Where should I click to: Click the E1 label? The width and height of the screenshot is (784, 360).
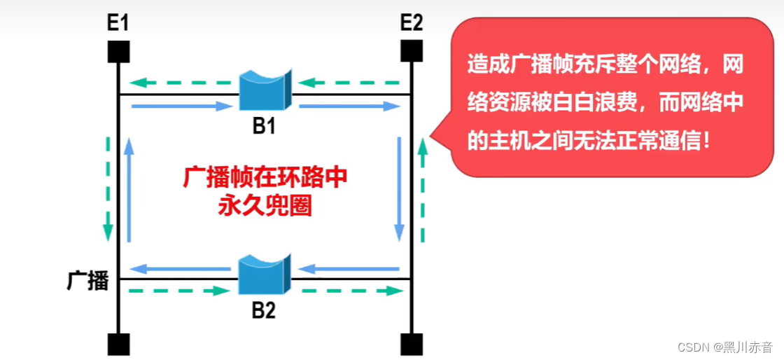[x=118, y=23]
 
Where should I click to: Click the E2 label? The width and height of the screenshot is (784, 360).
[x=412, y=23]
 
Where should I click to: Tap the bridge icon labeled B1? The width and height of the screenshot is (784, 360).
[x=265, y=89]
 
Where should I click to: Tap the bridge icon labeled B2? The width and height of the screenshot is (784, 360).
[x=265, y=275]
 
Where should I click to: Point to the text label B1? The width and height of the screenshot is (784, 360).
[x=265, y=127]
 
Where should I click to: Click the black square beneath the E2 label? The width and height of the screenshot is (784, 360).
[x=412, y=50]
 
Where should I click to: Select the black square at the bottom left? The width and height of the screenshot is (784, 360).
[x=118, y=344]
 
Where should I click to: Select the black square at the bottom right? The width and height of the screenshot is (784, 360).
[x=412, y=344]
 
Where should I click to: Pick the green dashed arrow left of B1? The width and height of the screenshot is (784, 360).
[x=183, y=83]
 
